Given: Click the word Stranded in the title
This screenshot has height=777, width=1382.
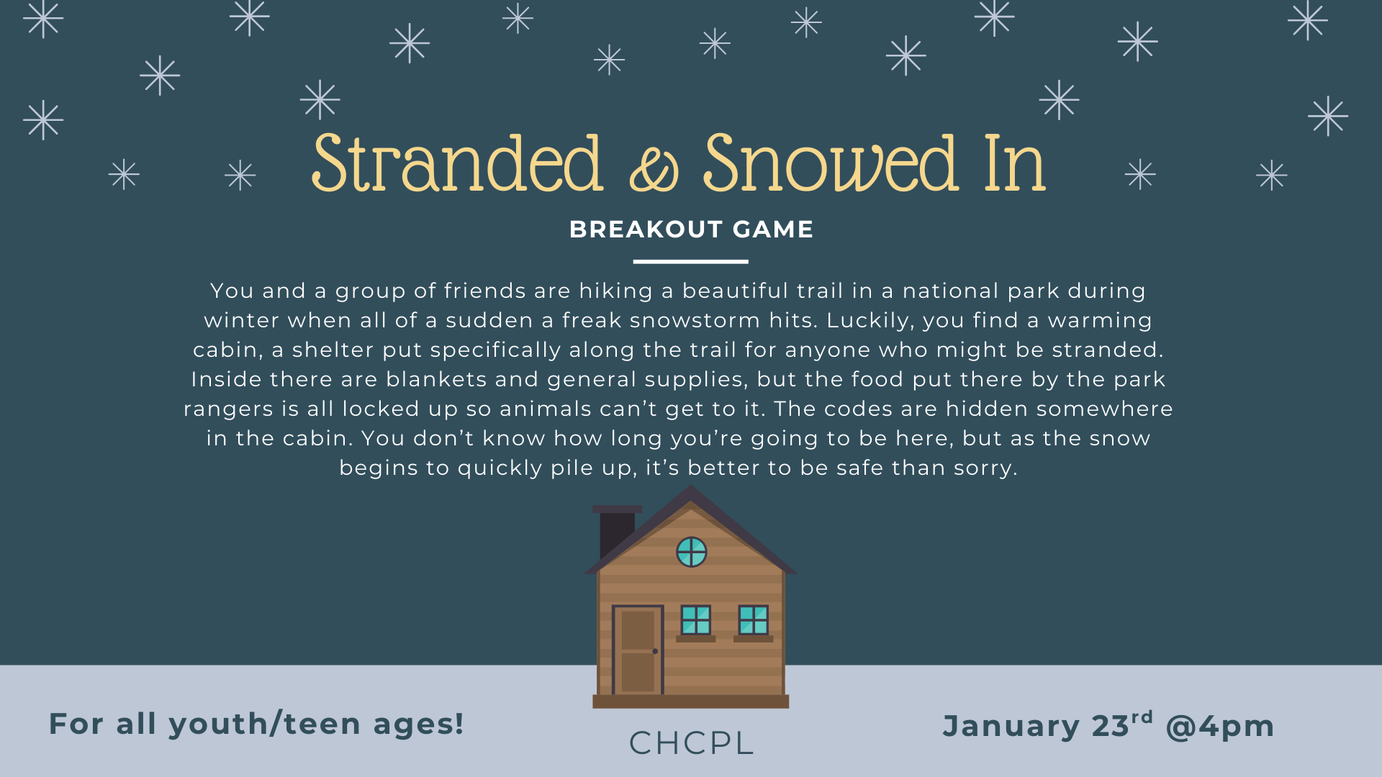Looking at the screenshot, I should pyautogui.click(x=456, y=164).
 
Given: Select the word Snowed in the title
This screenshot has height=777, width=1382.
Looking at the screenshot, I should pyautogui.click(x=831, y=164).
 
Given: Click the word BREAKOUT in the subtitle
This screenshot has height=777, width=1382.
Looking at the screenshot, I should pyautogui.click(x=646, y=230).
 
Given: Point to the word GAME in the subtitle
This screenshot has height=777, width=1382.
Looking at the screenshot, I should pyautogui.click(x=773, y=230).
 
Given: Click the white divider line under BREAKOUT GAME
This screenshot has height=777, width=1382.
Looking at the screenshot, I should pyautogui.click(x=690, y=262).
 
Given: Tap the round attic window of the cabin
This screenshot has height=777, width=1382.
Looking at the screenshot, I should pyautogui.click(x=691, y=552).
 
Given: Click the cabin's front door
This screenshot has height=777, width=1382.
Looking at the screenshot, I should pyautogui.click(x=638, y=650).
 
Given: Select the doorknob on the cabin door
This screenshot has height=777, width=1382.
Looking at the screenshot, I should pyautogui.click(x=655, y=651).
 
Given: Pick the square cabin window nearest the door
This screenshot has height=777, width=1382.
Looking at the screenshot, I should pyautogui.click(x=695, y=620).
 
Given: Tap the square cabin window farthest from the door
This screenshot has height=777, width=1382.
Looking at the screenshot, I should pyautogui.click(x=753, y=620).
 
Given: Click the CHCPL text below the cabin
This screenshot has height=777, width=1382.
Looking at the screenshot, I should pyautogui.click(x=691, y=743).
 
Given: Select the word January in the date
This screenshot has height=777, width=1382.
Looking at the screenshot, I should pyautogui.click(x=1011, y=727).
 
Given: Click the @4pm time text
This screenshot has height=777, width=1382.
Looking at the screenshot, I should pyautogui.click(x=1220, y=727).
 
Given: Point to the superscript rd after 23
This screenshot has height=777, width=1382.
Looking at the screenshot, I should pyautogui.click(x=1142, y=717).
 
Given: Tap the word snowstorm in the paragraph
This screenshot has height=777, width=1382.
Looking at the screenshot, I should pyautogui.click(x=695, y=320).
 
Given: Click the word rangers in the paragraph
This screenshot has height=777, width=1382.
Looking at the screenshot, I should pyautogui.click(x=228, y=409).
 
